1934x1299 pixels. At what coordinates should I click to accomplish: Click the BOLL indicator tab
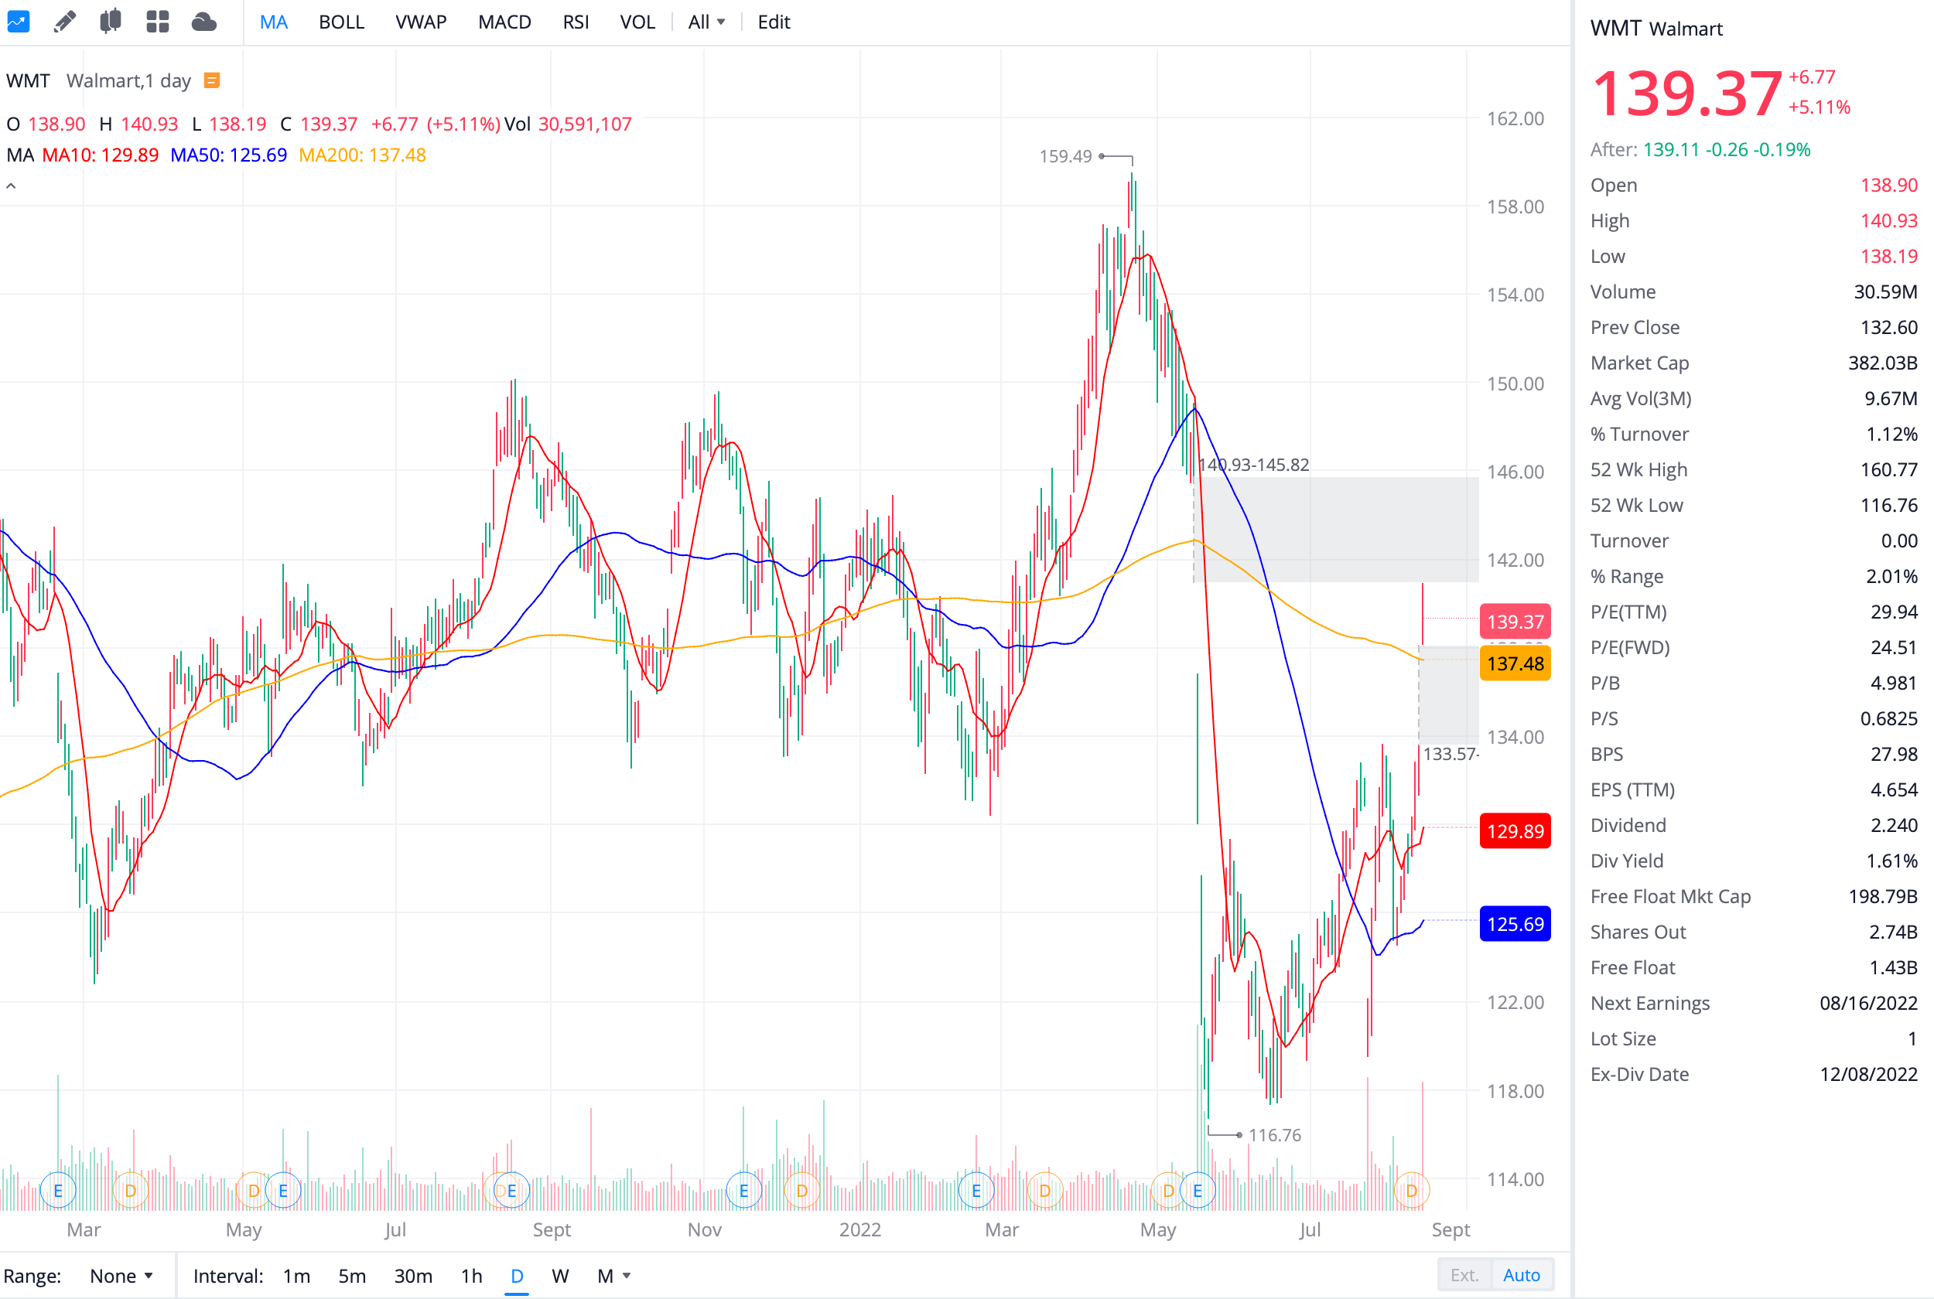[x=341, y=22]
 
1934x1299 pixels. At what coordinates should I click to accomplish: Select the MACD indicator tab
[x=504, y=22]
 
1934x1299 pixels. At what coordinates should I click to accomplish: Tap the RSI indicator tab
[x=575, y=22]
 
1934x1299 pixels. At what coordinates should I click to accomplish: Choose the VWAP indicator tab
[x=421, y=22]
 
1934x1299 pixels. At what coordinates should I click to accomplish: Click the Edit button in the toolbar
[x=773, y=22]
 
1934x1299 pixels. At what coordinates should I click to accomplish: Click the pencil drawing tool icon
[x=65, y=22]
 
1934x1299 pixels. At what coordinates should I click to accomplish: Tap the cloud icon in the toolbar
[x=203, y=22]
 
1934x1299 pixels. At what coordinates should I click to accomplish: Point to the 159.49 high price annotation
[x=1065, y=156]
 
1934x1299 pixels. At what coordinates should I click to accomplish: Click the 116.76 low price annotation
[x=1273, y=1135]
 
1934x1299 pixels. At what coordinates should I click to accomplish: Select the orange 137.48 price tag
[x=1514, y=663]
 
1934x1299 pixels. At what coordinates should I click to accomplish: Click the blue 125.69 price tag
[x=1514, y=924]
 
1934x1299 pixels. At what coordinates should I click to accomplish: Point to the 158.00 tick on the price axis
[x=1515, y=206]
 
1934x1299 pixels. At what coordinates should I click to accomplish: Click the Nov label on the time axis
[x=704, y=1229]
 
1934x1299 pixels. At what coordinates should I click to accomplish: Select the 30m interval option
[x=412, y=1276]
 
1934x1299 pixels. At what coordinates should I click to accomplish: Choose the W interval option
[x=560, y=1276]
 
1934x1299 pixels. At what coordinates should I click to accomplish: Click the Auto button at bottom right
[x=1522, y=1275]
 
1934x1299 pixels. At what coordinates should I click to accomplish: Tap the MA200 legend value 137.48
[x=362, y=155]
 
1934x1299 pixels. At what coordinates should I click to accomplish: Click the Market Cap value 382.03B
[x=1882, y=363]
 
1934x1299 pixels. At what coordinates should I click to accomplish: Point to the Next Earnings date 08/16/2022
[x=1867, y=1004]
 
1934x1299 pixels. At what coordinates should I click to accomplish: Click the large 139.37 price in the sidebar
[x=1686, y=93]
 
